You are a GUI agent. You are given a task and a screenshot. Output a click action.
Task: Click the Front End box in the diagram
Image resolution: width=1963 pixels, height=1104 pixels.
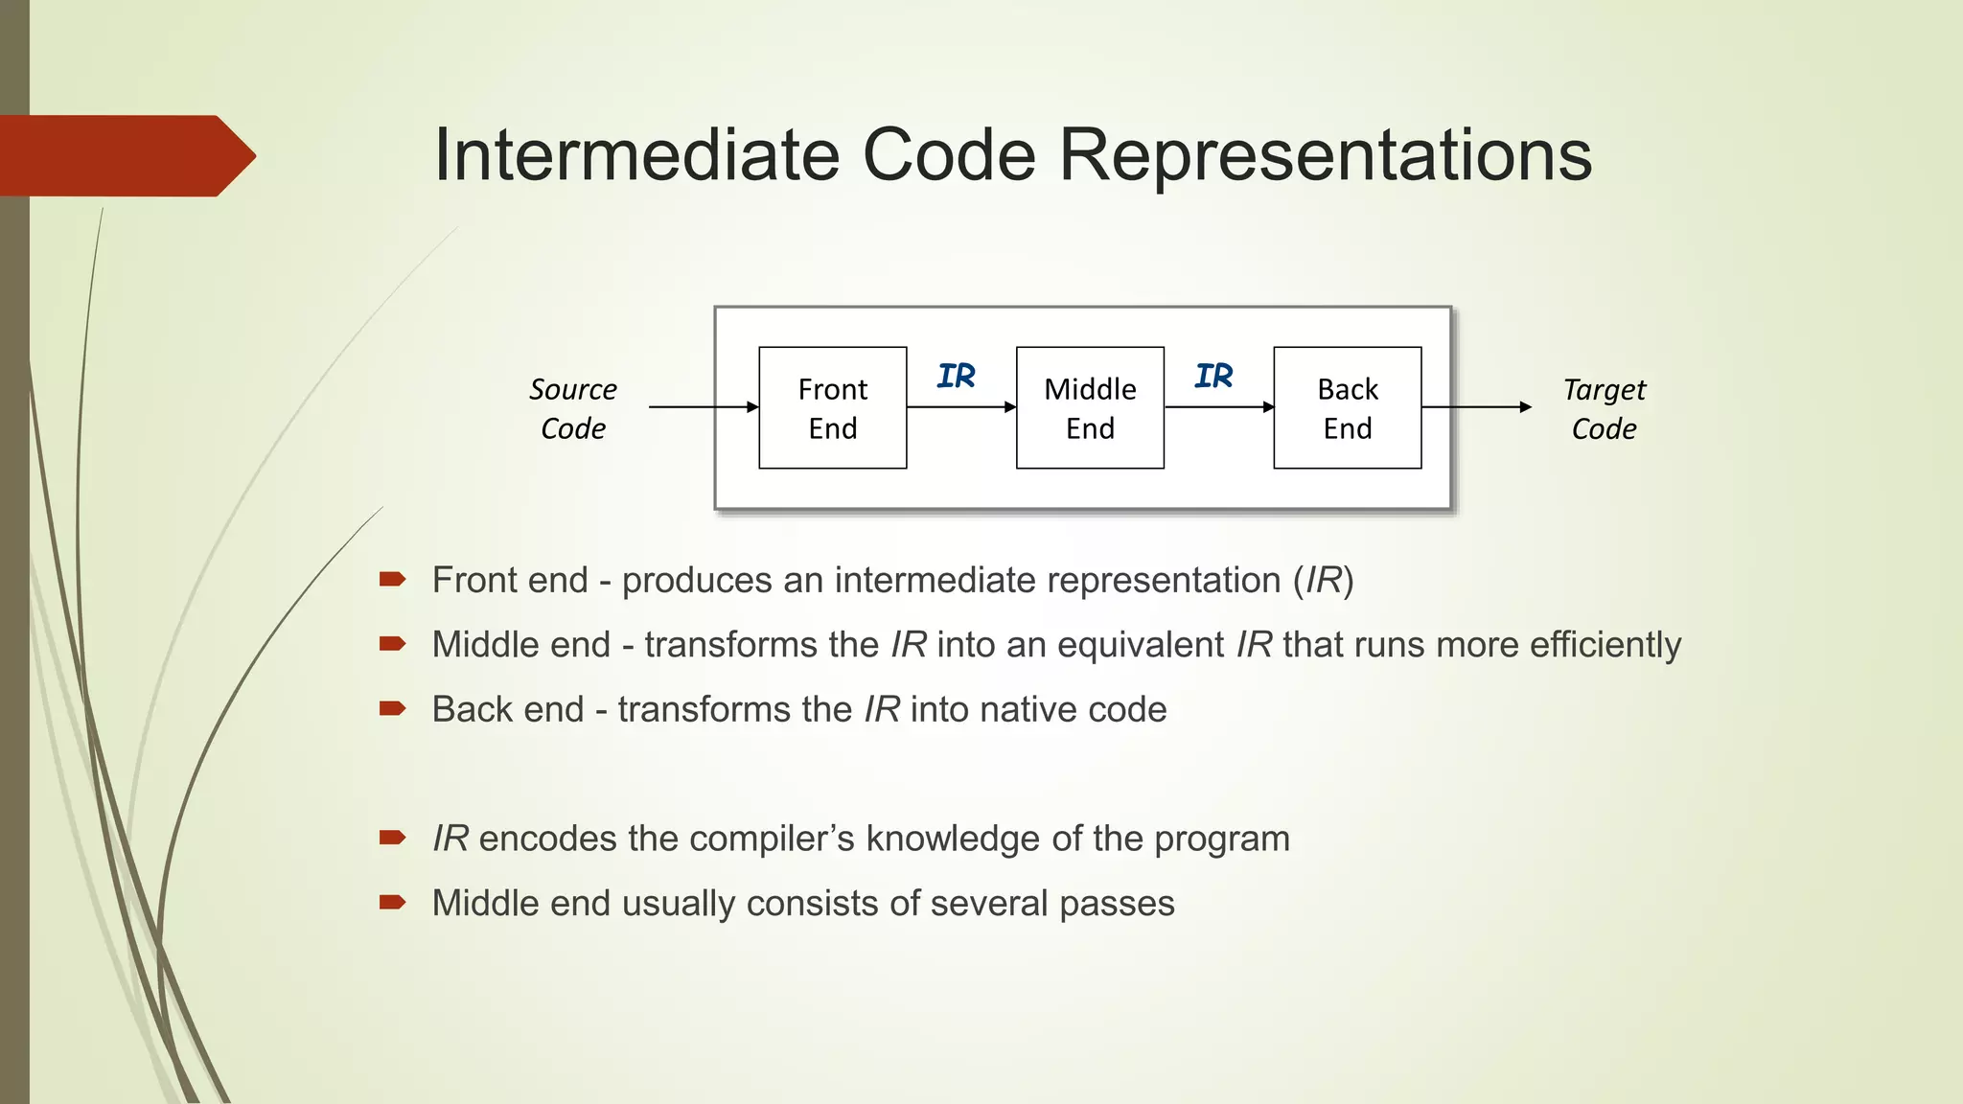(x=832, y=408)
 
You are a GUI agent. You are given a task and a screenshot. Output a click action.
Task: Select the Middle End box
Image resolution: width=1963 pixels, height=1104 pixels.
(x=1090, y=408)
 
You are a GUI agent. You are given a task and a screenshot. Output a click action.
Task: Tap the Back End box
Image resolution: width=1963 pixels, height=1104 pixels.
(x=1347, y=408)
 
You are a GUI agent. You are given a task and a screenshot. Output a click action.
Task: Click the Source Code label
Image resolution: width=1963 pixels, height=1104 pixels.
(x=573, y=408)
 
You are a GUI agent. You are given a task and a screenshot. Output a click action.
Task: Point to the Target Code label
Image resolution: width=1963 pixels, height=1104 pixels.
(x=1604, y=408)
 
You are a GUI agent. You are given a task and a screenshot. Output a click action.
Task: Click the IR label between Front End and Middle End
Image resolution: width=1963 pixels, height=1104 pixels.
(x=956, y=376)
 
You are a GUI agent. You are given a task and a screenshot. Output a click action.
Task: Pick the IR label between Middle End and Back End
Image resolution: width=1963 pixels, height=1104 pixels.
(x=1213, y=376)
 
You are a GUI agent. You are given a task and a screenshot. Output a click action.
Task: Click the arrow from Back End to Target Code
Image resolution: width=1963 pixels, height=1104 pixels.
(x=1476, y=407)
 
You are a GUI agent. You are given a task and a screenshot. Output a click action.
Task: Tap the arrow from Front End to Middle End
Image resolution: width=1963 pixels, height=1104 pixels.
(x=960, y=407)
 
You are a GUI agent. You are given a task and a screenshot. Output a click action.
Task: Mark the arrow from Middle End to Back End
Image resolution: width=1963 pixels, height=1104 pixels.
(x=1218, y=407)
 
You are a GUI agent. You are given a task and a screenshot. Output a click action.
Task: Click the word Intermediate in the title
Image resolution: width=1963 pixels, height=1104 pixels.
(x=636, y=155)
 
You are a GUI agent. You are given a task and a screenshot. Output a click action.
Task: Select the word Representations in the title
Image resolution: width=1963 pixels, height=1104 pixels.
(x=1325, y=155)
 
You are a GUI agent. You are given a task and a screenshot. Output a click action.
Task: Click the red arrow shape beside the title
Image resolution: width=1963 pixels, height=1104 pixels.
(x=125, y=155)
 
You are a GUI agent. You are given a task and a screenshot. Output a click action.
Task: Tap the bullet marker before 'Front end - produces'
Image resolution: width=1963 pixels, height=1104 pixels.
(x=392, y=579)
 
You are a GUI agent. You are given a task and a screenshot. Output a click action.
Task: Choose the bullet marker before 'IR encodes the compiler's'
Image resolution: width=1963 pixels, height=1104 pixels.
(x=392, y=838)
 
